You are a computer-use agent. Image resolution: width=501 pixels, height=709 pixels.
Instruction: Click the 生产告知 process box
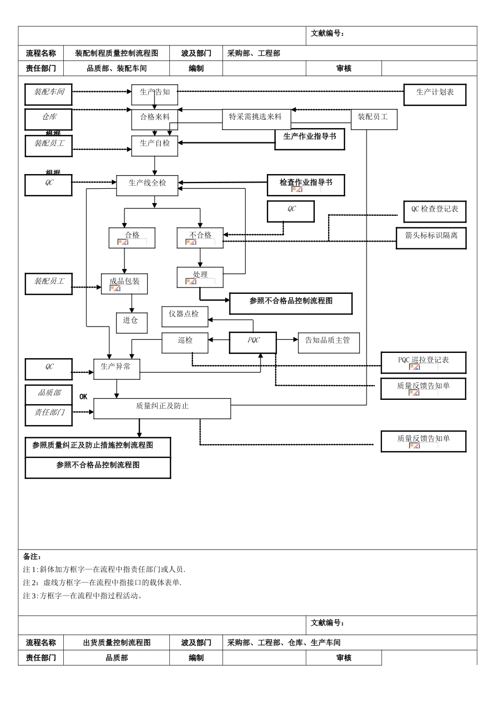155,94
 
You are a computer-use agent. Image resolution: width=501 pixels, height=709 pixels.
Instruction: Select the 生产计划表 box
435,94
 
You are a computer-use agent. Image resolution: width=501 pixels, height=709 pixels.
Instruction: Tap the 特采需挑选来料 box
256,119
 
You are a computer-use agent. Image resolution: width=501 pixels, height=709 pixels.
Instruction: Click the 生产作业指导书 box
310,139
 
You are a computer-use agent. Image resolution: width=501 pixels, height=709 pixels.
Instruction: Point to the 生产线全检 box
147,185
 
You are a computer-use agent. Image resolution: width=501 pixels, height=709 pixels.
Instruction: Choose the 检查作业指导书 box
306,185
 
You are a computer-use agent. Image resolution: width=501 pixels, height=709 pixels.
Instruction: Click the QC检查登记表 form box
435,211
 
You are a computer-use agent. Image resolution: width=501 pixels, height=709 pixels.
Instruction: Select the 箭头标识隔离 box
431,238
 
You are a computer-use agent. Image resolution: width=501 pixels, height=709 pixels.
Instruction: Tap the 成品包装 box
124,283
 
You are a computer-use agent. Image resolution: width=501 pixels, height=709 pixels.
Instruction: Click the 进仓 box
131,322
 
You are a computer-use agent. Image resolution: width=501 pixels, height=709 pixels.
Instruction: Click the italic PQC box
253,342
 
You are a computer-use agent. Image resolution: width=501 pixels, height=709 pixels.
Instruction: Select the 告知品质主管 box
329,342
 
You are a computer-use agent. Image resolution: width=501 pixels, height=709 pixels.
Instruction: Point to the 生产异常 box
117,369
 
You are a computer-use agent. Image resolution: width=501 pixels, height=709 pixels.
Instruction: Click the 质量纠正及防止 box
162,408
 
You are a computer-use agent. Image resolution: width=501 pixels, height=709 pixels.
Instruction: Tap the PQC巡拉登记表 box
423,362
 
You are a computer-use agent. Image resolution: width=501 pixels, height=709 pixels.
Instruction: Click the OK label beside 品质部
83,397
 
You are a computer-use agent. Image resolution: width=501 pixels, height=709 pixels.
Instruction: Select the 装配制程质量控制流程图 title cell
117,53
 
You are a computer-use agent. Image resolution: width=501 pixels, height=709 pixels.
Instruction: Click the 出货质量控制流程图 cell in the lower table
117,643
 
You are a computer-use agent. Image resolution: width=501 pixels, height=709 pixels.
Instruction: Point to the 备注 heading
32,557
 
